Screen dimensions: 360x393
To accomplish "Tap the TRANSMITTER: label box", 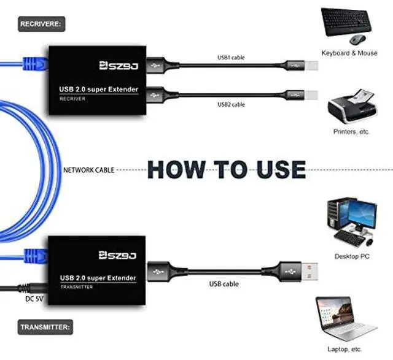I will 44,327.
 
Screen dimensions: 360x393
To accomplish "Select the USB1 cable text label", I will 231,58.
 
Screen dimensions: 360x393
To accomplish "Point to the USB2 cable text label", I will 231,105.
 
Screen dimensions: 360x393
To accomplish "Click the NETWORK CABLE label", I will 88,170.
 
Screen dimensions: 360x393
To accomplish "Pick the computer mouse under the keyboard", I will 357,40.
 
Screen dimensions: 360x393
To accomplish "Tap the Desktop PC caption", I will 351,256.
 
